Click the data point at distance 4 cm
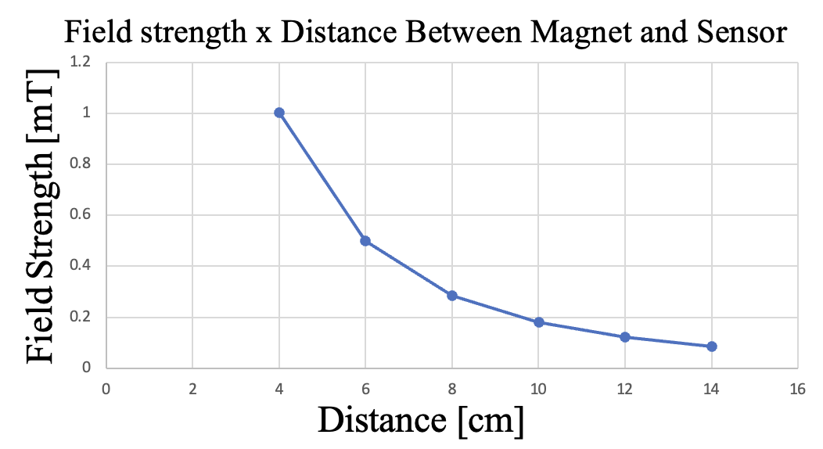(279, 113)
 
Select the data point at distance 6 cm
(365, 241)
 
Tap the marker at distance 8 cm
(452, 296)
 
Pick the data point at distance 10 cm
(538, 322)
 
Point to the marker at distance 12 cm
(625, 337)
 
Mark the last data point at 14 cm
(712, 347)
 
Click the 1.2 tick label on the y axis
(81, 62)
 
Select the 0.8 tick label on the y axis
(81, 164)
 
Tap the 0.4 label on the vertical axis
(81, 266)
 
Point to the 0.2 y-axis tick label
(81, 318)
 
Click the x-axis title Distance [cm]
(420, 420)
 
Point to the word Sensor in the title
(739, 33)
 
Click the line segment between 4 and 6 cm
(322, 177)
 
